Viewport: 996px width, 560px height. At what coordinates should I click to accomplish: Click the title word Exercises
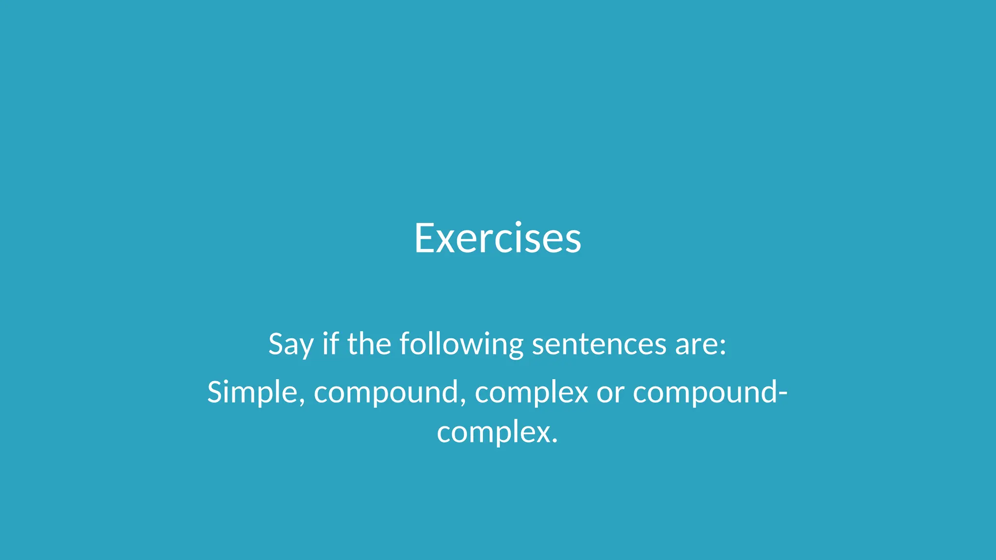point(498,238)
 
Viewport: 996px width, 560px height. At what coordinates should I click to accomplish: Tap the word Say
point(290,345)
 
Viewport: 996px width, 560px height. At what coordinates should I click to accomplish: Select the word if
point(330,344)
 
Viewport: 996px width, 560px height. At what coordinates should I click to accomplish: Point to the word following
point(461,345)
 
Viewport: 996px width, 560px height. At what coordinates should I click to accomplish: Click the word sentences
point(599,345)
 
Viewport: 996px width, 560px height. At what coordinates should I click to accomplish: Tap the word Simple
point(252,392)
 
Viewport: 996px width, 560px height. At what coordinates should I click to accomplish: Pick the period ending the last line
point(555,441)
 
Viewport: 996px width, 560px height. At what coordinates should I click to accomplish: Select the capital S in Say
point(276,344)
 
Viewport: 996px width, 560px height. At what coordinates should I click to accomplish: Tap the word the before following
point(369,344)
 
